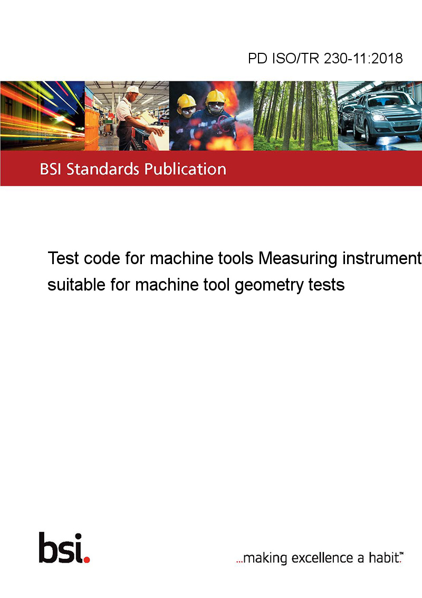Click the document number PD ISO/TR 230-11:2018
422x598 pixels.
[325, 58]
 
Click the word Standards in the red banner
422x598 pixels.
[103, 169]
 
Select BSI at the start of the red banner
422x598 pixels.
[51, 169]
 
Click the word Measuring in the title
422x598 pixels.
[298, 258]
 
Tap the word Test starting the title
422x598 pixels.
[63, 258]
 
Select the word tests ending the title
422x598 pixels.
[327, 285]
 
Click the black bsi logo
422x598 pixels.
[64, 548]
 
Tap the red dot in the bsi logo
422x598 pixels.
[87, 559]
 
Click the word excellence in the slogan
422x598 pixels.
[322, 558]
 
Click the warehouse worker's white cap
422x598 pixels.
[133, 90]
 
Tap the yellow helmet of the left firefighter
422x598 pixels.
[187, 101]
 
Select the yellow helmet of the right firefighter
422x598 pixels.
[216, 97]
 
